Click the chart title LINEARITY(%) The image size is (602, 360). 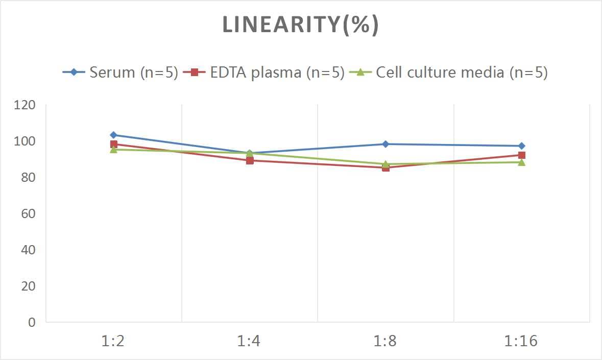[301, 25]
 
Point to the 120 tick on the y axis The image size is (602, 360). [25, 105]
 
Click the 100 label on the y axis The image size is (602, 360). [25, 141]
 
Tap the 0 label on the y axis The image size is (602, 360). [32, 322]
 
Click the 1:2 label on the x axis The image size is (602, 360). [113, 341]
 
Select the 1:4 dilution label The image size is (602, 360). [249, 341]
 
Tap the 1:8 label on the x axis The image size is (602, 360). [386, 341]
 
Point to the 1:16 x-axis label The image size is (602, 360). [521, 341]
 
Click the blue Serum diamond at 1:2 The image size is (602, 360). [113, 135]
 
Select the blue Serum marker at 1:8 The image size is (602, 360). [386, 144]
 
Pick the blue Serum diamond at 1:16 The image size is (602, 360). [521, 146]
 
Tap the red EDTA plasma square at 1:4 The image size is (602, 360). [250, 160]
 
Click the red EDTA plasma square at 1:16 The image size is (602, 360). [521, 155]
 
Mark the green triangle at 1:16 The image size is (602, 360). [521, 162]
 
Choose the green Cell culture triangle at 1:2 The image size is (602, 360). [113, 150]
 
